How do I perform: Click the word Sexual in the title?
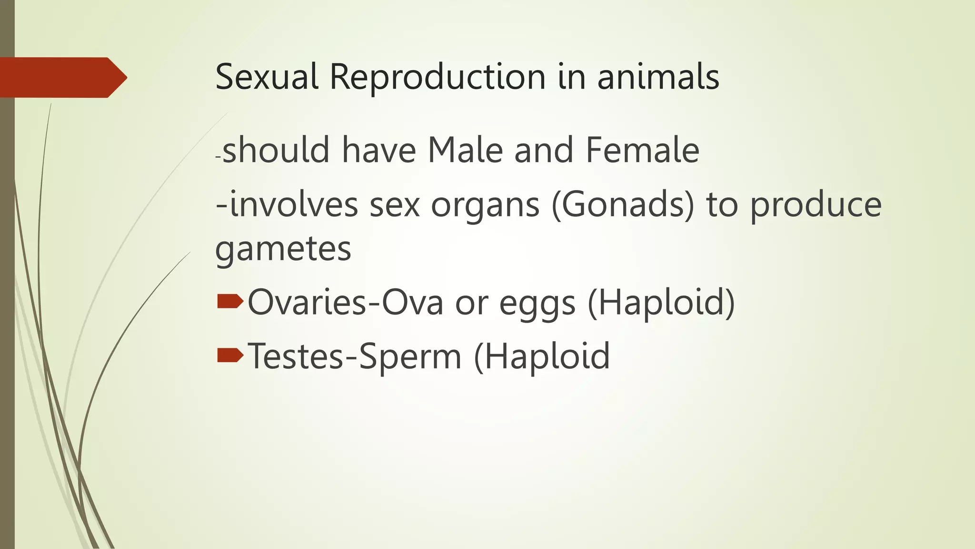pyautogui.click(x=267, y=77)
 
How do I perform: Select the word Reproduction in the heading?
pyautogui.click(x=438, y=77)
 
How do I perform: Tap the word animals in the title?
pyautogui.click(x=658, y=77)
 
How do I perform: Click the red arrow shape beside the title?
pyautogui.click(x=62, y=77)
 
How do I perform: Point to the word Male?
pyautogui.click(x=465, y=151)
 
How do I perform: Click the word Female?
pyautogui.click(x=642, y=151)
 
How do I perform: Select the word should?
pyautogui.click(x=276, y=151)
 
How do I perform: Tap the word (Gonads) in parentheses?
pyautogui.click(x=623, y=205)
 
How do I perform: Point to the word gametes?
pyautogui.click(x=283, y=249)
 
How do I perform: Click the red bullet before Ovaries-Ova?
pyautogui.click(x=230, y=302)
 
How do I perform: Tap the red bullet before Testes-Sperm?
pyautogui.click(x=230, y=356)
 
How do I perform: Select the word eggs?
pyautogui.click(x=537, y=304)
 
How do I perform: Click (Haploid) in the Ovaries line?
pyautogui.click(x=662, y=303)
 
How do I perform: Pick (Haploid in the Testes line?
pyautogui.click(x=542, y=356)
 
